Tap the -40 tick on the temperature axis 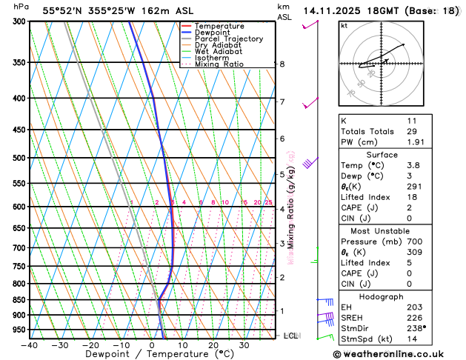click(x=30, y=345)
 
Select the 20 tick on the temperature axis click(x=213, y=345)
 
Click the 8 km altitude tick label click(x=282, y=64)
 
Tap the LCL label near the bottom click(x=290, y=336)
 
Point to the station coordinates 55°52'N click(x=60, y=11)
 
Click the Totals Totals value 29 click(x=412, y=131)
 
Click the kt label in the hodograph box click(x=344, y=26)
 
